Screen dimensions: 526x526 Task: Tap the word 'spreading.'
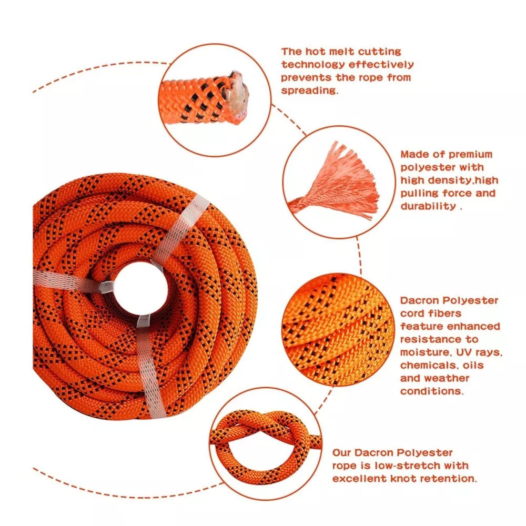(309, 90)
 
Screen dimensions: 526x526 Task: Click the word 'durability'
(427, 206)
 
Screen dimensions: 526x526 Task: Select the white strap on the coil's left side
(68, 282)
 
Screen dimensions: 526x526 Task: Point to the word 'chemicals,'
(429, 365)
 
